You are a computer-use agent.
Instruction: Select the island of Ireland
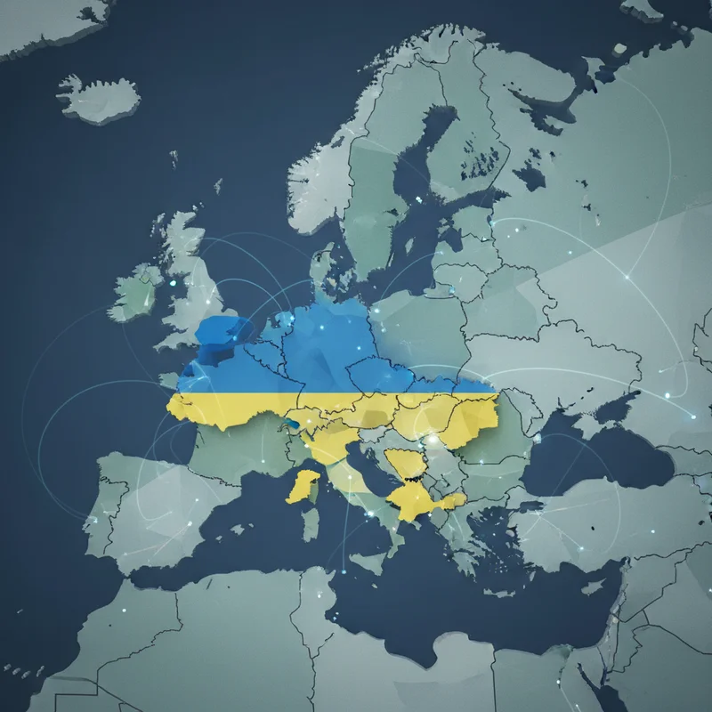click(x=135, y=294)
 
